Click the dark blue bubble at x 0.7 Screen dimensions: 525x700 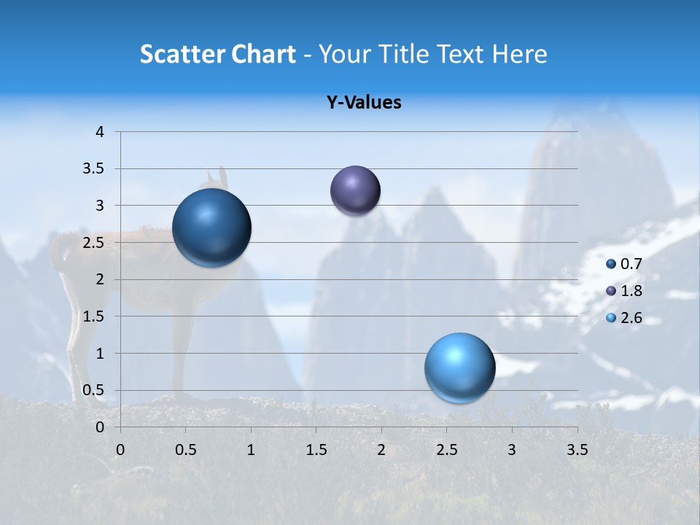[211, 227]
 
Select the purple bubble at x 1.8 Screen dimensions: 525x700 [355, 190]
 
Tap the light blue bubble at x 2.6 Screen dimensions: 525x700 [459, 367]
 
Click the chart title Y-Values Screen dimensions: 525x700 [364, 103]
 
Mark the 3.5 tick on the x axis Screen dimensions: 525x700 [577, 450]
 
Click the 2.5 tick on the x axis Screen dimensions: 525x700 [446, 450]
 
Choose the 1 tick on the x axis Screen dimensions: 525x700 [251, 450]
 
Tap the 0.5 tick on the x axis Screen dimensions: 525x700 [186, 450]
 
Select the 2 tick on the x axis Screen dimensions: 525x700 [381, 450]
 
